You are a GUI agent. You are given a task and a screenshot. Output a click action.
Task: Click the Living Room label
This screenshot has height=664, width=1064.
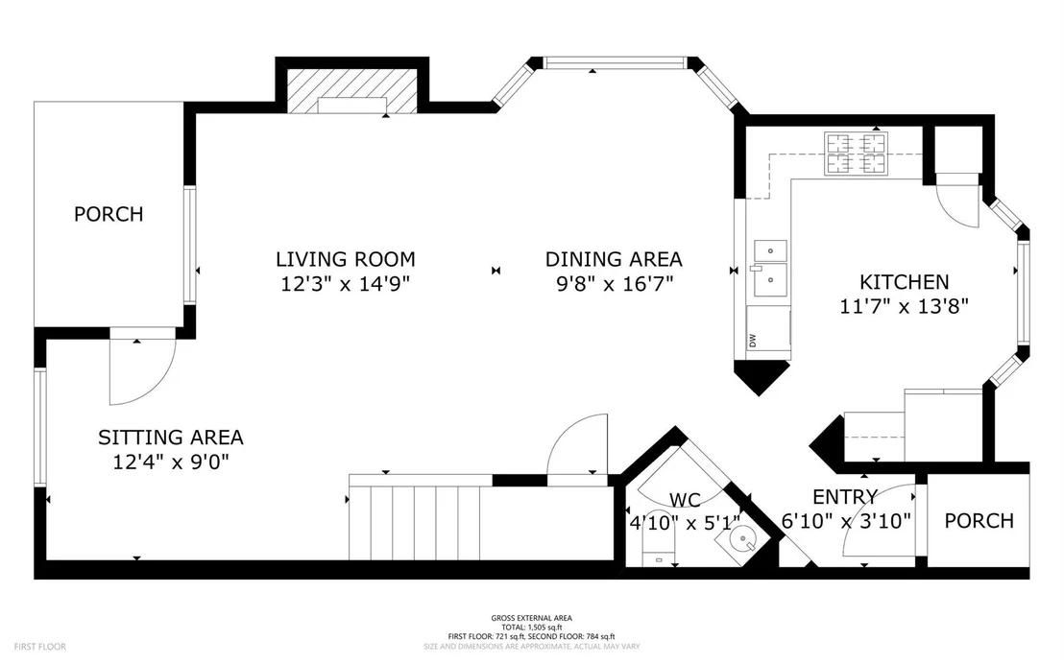[346, 259]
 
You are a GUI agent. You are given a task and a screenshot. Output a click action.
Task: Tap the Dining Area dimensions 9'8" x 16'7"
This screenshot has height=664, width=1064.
[615, 283]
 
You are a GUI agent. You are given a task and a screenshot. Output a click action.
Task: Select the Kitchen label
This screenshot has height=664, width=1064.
[904, 281]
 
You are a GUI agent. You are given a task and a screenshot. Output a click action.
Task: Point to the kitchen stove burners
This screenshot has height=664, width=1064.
[856, 154]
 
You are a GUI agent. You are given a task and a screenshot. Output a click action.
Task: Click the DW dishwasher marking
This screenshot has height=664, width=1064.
[753, 339]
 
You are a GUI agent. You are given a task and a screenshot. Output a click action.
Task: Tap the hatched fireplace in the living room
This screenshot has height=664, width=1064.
[352, 90]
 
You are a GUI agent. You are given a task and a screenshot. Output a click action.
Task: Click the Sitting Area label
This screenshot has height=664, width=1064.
[170, 438]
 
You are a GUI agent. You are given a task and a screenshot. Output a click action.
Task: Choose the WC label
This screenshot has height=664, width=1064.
[685, 501]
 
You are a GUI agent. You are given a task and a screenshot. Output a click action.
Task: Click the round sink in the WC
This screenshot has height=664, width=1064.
[742, 540]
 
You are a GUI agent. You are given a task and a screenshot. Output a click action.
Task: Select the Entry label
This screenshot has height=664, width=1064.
[845, 497]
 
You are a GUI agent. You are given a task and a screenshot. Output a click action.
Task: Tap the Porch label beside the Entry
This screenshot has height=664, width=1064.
[979, 521]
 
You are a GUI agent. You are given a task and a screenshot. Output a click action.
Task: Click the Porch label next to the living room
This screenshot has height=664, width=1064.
[109, 214]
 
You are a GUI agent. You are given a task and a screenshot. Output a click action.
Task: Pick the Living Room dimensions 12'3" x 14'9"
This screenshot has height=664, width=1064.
[346, 283]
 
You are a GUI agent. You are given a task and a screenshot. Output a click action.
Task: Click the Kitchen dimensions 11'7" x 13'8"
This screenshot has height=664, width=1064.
[904, 306]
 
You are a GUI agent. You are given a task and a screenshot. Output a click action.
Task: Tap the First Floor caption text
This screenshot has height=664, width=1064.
[40, 647]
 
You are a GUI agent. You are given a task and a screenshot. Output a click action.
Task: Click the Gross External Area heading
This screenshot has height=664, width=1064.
[531, 618]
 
